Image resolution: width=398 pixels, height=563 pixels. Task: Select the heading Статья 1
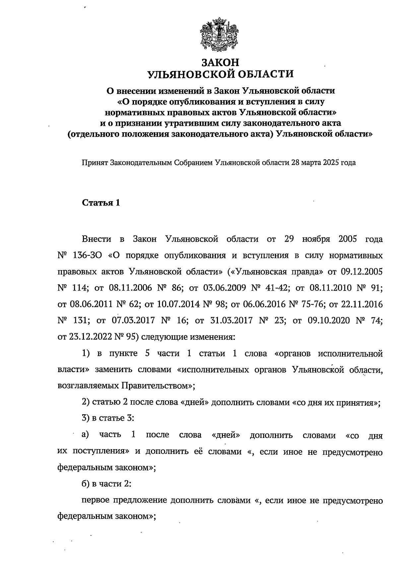(100, 203)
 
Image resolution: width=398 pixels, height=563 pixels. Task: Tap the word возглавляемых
(88, 386)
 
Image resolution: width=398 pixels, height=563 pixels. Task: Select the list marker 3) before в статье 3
(86, 418)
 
